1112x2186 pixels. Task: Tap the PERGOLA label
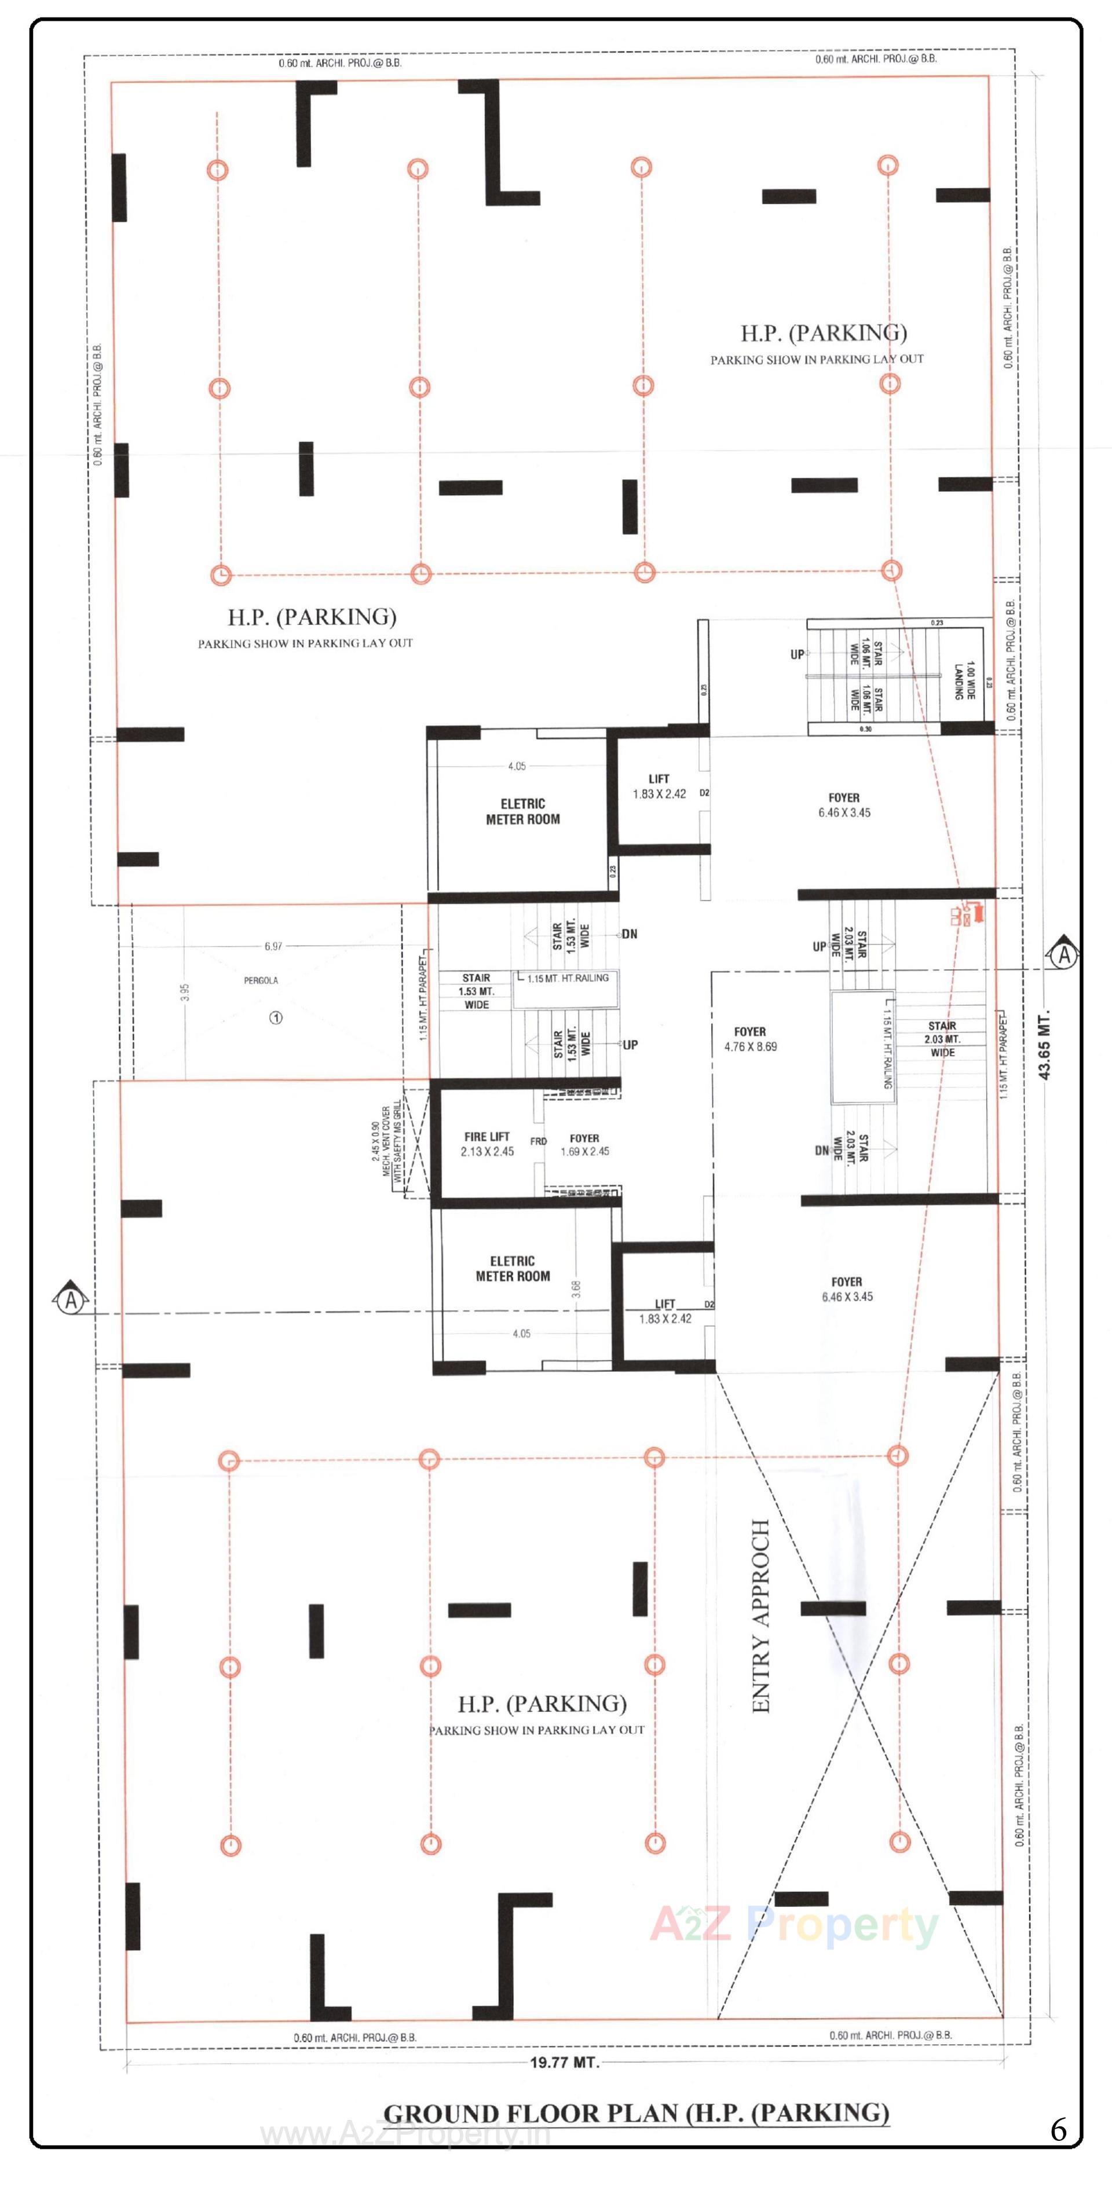(x=261, y=980)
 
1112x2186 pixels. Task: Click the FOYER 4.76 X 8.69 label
(x=751, y=1039)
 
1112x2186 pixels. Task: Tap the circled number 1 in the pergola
(x=276, y=1017)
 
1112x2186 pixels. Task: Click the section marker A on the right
(x=1063, y=955)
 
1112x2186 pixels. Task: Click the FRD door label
(x=538, y=1141)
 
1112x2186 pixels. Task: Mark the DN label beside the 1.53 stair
(x=629, y=934)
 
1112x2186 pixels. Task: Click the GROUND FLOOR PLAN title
(x=637, y=2113)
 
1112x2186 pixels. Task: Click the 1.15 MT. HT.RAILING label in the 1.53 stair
(x=567, y=979)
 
